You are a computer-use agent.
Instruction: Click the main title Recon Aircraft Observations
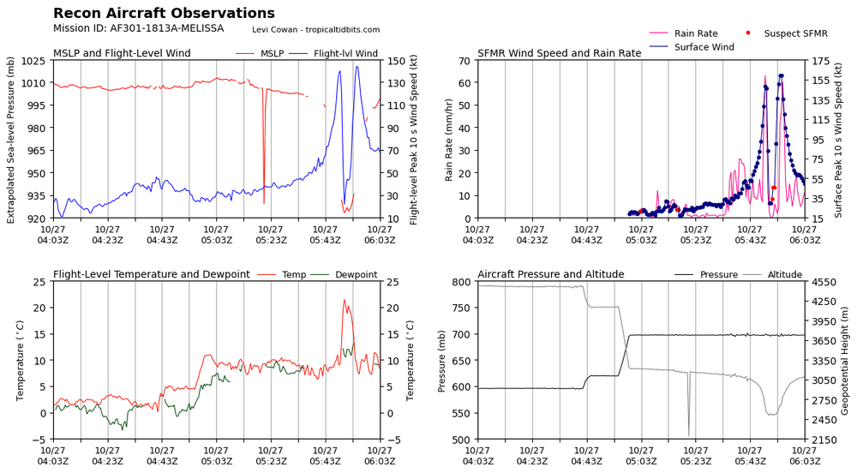point(164,14)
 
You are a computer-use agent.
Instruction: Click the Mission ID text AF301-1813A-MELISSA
point(138,28)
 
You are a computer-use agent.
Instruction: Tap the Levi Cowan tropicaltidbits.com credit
point(315,29)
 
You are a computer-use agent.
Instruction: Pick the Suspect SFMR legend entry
point(795,33)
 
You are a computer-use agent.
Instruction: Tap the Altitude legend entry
point(784,274)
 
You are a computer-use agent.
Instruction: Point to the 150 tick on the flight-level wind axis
point(396,61)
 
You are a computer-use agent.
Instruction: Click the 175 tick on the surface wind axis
point(820,61)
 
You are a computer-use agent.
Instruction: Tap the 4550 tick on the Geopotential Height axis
point(824,282)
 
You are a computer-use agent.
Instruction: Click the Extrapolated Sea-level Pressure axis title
point(11,140)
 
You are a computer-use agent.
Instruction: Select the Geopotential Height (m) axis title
point(848,360)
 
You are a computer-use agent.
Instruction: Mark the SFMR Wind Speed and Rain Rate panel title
point(559,53)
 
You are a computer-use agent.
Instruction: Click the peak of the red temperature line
point(344,300)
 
